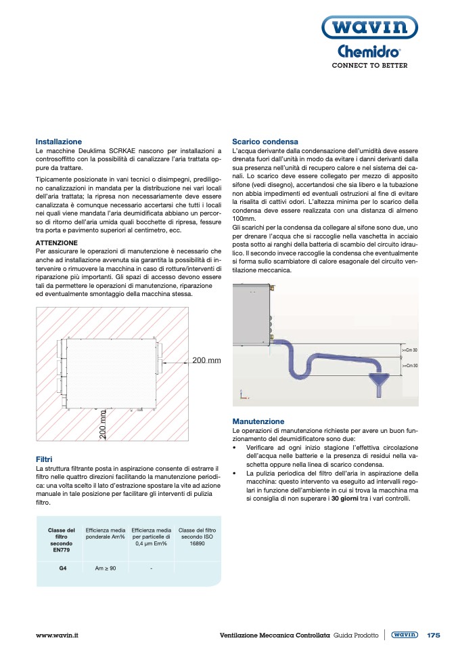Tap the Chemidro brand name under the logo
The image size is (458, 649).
(x=369, y=52)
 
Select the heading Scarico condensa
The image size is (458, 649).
(x=260, y=142)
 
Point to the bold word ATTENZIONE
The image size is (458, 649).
(x=56, y=243)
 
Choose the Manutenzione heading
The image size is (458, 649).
(x=258, y=421)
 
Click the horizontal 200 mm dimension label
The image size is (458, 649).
(x=206, y=360)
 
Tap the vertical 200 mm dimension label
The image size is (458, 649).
(x=104, y=425)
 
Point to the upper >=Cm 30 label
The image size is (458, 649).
(x=410, y=350)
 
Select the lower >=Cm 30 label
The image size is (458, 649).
(x=410, y=365)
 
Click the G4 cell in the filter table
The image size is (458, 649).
(x=62, y=568)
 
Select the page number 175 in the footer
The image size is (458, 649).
(x=434, y=635)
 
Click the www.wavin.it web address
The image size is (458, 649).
(x=58, y=635)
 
